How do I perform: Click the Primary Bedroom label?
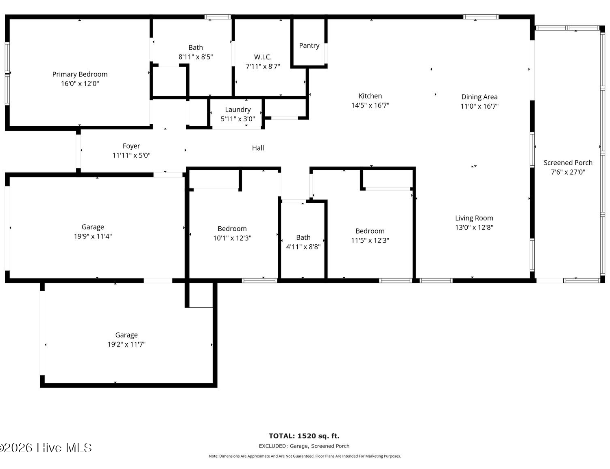pos(80,74)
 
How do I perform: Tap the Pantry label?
pos(309,46)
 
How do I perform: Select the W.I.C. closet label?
pos(263,57)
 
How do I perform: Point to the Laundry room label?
pos(238,110)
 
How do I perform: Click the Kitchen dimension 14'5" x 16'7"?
pos(370,105)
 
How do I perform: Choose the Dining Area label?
pos(479,97)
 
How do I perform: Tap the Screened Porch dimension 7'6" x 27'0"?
pos(568,172)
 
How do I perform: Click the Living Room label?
pos(474,218)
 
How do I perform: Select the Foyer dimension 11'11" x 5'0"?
pos(131,156)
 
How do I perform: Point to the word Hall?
pos(258,148)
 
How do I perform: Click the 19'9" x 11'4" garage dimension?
pos(93,236)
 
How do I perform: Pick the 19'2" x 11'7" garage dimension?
pos(126,344)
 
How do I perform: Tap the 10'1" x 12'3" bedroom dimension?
pos(232,238)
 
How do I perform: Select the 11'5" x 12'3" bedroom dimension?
pos(370,240)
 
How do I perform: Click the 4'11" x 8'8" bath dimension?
pos(303,247)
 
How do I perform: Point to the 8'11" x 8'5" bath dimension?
pos(196,57)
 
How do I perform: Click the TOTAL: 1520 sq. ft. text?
pos(304,436)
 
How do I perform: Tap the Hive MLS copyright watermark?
pos(46,448)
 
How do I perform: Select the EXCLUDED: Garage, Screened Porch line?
pos(304,446)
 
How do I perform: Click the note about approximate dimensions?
pos(305,456)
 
